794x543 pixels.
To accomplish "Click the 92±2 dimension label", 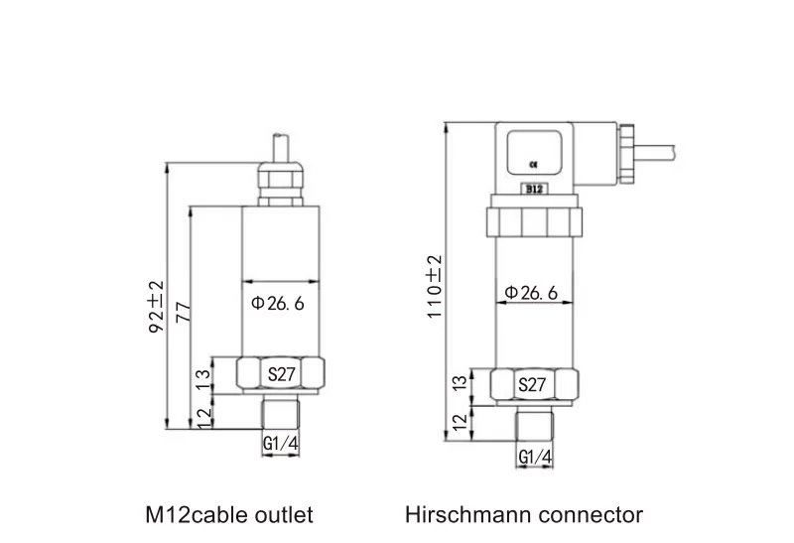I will (155, 305).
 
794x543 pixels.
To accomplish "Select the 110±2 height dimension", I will (434, 287).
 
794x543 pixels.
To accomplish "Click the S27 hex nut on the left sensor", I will (282, 375).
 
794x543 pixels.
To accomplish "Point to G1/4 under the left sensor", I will (281, 446).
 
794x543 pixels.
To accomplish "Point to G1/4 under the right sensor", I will (535, 457).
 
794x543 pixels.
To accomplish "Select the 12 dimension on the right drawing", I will (459, 422).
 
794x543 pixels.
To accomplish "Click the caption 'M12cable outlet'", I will (229, 514).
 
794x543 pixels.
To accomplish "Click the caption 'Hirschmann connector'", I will (524, 514).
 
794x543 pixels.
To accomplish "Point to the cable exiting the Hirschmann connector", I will (660, 149).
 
